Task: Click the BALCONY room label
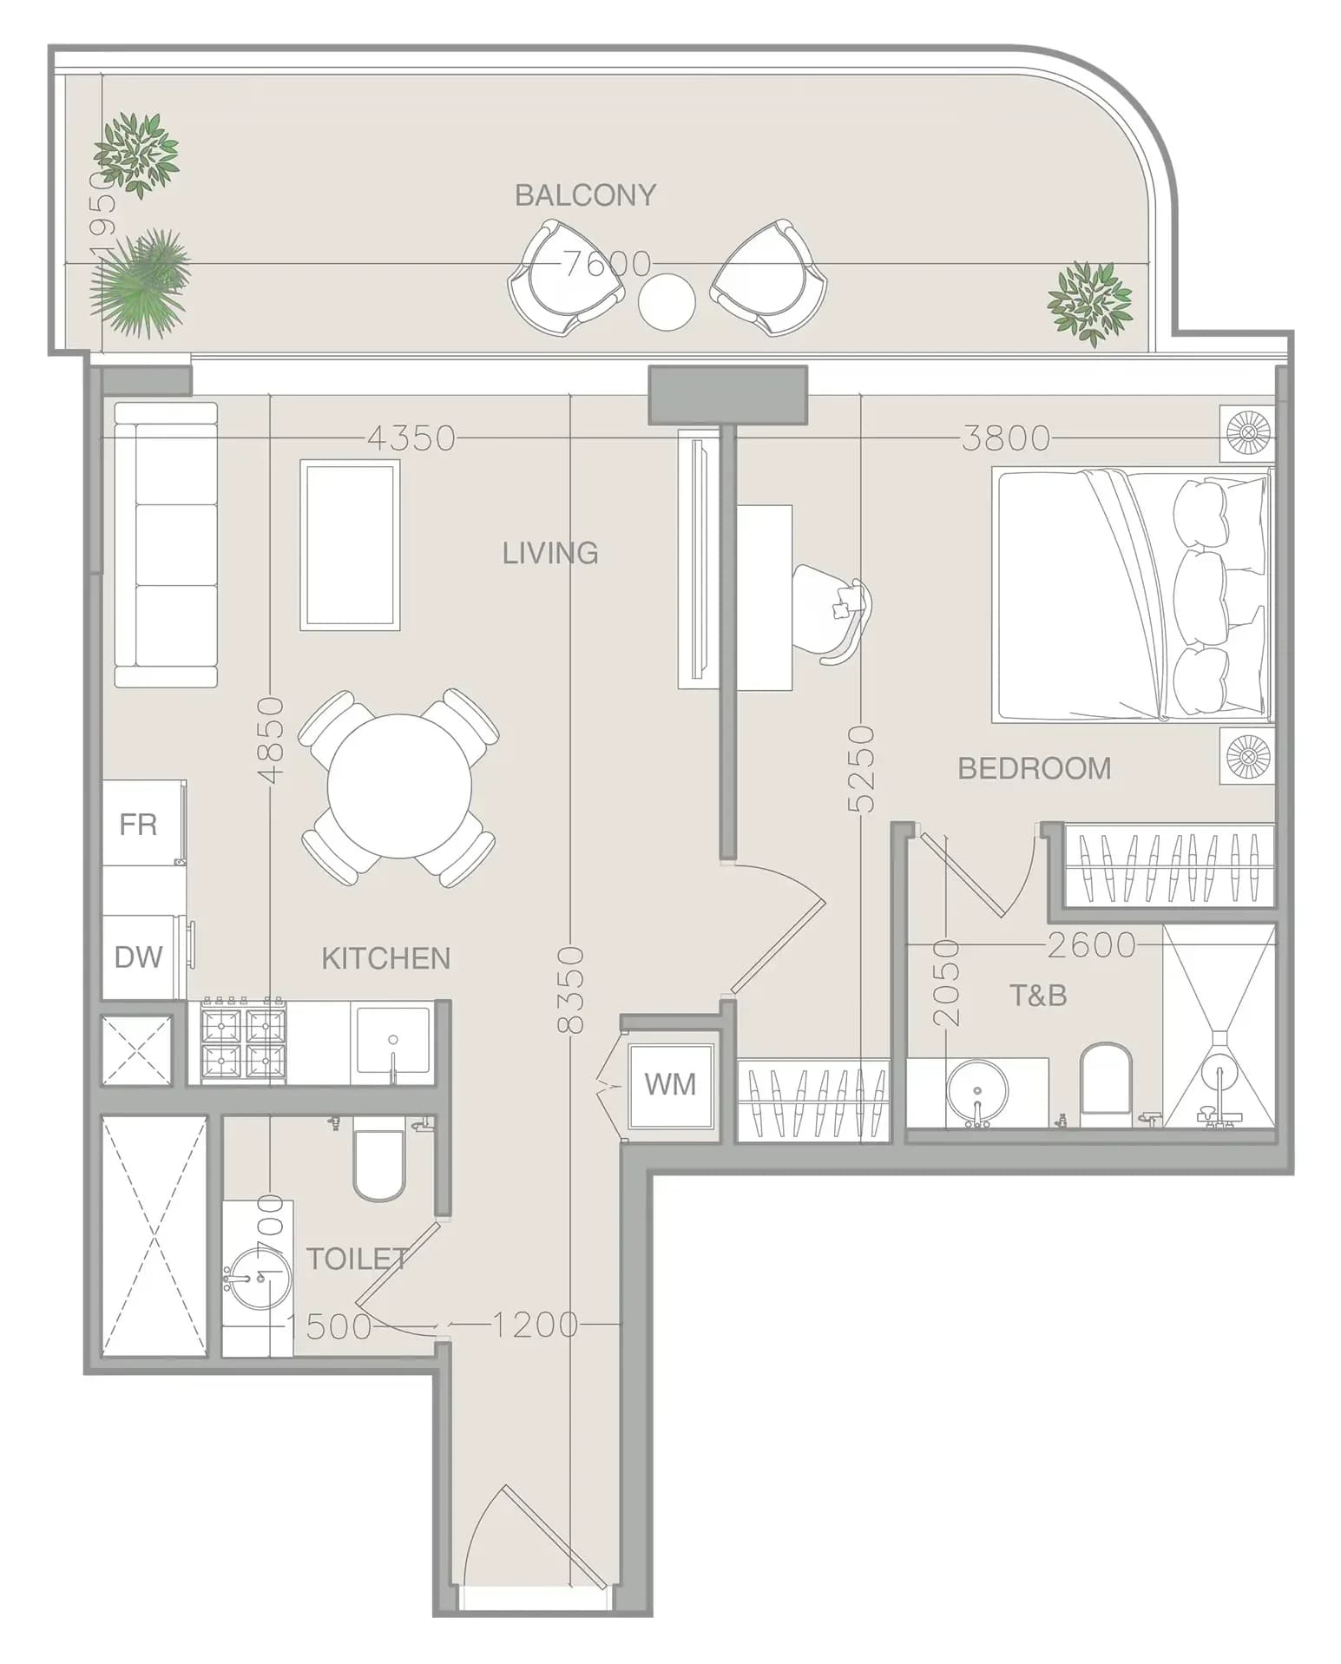(x=585, y=195)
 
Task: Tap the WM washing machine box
(x=670, y=1086)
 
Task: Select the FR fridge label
(x=138, y=825)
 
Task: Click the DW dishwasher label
(x=138, y=957)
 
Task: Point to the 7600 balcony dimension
(x=608, y=263)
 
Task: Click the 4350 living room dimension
(x=411, y=438)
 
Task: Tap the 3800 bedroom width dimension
(x=1006, y=438)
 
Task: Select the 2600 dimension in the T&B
(x=1091, y=944)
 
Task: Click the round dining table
(x=399, y=786)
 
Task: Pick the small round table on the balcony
(x=667, y=301)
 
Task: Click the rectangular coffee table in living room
(x=350, y=544)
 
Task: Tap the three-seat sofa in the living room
(x=165, y=544)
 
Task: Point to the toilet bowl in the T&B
(x=1107, y=1078)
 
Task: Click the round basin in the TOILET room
(x=258, y=1278)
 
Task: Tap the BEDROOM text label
(x=1034, y=768)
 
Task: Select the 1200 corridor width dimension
(x=536, y=1325)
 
